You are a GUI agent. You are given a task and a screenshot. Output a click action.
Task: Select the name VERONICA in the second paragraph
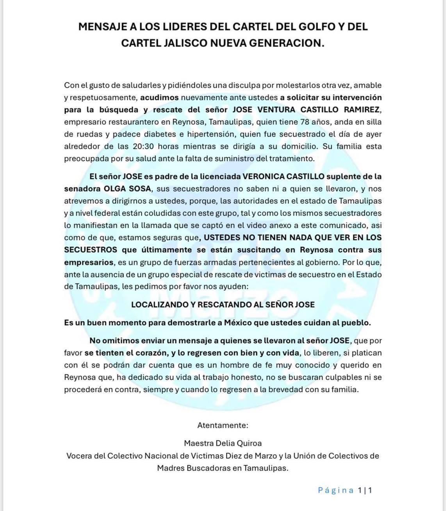click(x=267, y=176)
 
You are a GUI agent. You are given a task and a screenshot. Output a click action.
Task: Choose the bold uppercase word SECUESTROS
click(x=91, y=250)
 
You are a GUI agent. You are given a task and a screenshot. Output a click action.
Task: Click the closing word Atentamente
click(x=223, y=425)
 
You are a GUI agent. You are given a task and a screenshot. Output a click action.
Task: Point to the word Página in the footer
click(x=336, y=490)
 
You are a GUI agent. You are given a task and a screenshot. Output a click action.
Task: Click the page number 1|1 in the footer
click(x=365, y=490)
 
